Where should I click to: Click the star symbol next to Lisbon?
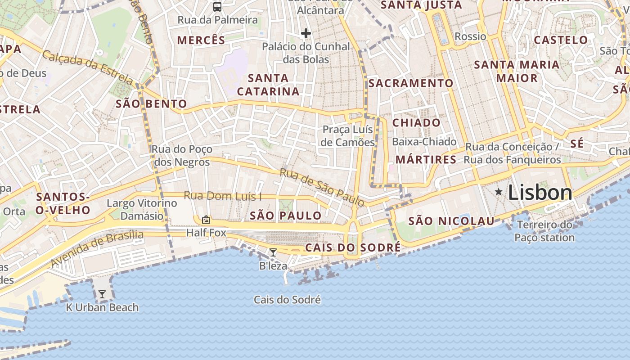click(x=499, y=192)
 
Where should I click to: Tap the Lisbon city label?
click(x=540, y=193)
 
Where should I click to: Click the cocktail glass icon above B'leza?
click(x=273, y=252)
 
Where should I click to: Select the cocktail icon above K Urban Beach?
click(x=102, y=294)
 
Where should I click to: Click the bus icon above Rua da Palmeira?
click(x=217, y=6)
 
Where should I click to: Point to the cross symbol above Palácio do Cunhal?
click(x=306, y=33)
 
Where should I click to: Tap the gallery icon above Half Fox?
click(x=206, y=220)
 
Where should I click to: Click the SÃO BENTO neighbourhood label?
click(x=151, y=104)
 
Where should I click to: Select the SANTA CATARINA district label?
click(x=268, y=85)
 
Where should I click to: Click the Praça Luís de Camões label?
click(x=348, y=136)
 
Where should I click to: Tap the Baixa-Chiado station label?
click(x=424, y=142)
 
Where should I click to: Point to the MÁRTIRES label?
click(x=426, y=160)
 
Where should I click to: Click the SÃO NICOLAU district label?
click(x=451, y=221)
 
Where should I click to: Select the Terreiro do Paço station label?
click(x=544, y=231)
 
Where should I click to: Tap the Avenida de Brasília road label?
click(x=97, y=248)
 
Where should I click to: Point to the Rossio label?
click(x=470, y=36)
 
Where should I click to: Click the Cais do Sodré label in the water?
click(x=287, y=300)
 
